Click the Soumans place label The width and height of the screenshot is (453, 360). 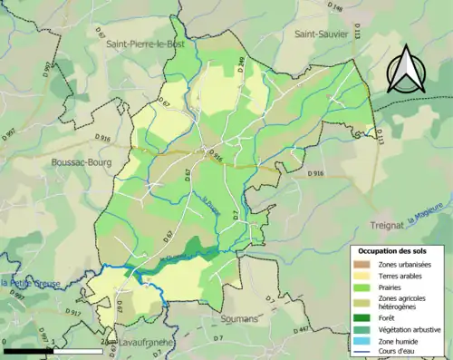click(x=239, y=318)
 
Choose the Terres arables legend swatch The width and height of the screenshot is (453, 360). click(x=361, y=275)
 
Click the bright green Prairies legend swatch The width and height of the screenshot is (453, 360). click(x=361, y=287)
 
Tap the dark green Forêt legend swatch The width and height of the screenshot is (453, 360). click(x=361, y=316)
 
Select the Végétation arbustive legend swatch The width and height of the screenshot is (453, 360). click(x=361, y=328)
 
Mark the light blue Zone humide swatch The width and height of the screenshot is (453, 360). click(x=361, y=340)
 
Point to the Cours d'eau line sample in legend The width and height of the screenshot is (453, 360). click(x=361, y=352)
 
